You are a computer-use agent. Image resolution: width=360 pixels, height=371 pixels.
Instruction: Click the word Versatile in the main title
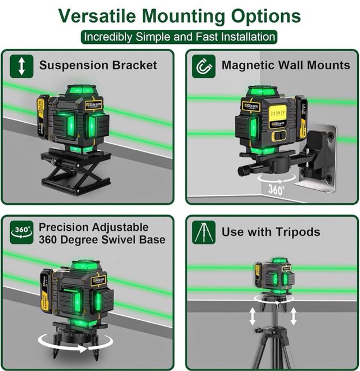pos(97,16)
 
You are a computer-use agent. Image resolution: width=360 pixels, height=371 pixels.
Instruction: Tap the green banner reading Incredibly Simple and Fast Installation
pos(179,37)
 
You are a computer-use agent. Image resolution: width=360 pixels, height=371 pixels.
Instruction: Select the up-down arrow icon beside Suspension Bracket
pos(21,66)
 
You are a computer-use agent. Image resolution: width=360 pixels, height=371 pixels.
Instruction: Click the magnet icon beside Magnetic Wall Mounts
pos(204,66)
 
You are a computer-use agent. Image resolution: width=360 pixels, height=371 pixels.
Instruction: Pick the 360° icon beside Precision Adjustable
pos(21,233)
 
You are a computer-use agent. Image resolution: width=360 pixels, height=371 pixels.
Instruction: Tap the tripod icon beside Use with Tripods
pos(204,233)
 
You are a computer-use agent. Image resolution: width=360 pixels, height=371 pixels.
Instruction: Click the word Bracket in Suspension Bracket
pos(134,65)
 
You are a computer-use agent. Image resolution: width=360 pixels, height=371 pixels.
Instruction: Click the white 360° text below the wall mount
pos(276,190)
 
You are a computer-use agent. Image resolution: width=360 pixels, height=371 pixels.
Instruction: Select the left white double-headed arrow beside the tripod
pos(253,316)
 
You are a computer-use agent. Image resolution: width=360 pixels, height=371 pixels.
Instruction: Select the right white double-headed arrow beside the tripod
pos(293,316)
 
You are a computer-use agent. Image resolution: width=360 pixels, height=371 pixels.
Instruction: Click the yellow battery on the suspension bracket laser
pos(43,117)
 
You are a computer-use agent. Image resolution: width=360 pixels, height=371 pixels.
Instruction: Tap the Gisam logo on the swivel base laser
pos(99,281)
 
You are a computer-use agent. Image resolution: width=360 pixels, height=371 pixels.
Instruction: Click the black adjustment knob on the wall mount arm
pos(244,171)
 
